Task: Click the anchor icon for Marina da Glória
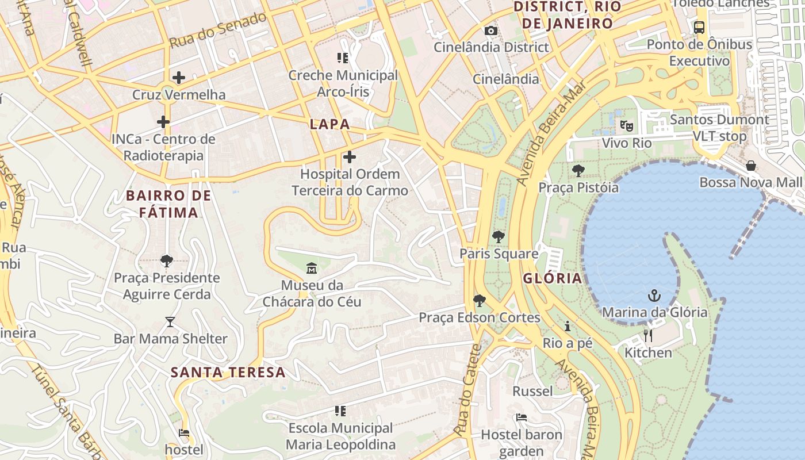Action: [x=654, y=296]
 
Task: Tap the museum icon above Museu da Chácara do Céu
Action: [x=312, y=268]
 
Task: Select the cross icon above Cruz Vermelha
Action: [x=179, y=77]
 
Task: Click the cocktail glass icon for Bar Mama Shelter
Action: [x=170, y=322]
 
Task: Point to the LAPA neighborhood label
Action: [x=329, y=124]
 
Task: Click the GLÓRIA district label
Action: [x=552, y=279]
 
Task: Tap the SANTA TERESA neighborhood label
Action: [x=228, y=372]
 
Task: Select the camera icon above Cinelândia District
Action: [x=490, y=30]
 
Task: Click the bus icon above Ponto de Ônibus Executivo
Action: [x=699, y=27]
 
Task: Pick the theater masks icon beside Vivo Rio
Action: [x=626, y=125]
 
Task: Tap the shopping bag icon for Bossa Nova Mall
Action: [x=751, y=166]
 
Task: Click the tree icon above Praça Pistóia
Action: [x=578, y=171]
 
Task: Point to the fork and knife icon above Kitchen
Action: [x=648, y=336]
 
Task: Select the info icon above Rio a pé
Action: [x=568, y=327]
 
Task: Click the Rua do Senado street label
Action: [x=218, y=29]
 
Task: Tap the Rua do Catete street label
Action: [x=467, y=390]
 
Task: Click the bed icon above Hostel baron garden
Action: [x=522, y=417]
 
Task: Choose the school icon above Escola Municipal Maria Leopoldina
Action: [x=340, y=411]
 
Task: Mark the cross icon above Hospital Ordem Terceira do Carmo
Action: [x=349, y=157]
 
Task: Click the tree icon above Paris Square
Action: [x=498, y=236]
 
